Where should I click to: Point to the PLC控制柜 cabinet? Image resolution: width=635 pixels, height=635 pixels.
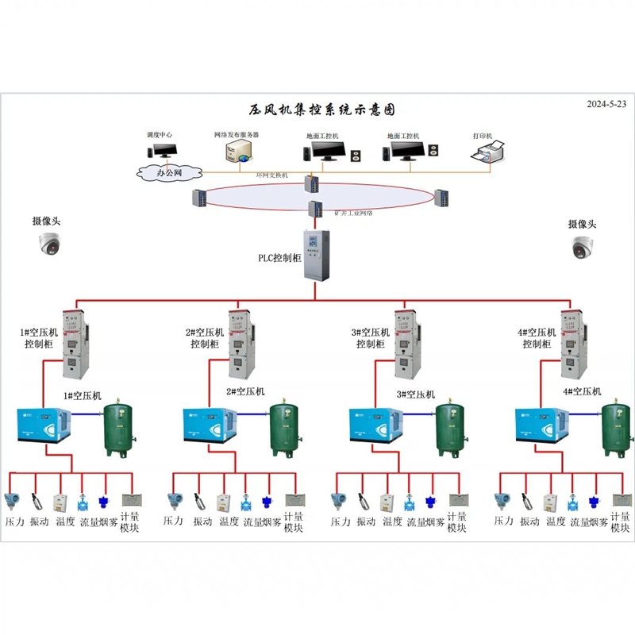315,255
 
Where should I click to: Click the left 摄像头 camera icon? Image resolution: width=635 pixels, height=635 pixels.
50,246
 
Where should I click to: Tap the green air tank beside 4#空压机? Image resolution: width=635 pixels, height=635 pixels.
617,429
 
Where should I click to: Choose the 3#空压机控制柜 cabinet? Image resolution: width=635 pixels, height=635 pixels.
405,344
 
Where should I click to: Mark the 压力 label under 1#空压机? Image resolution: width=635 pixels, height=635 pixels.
15,521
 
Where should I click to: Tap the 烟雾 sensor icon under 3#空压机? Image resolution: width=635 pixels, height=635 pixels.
429,501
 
